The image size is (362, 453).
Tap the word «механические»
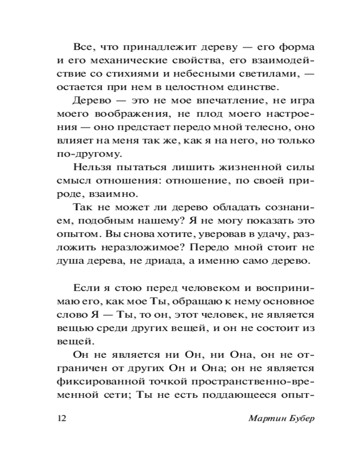click(x=124, y=61)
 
